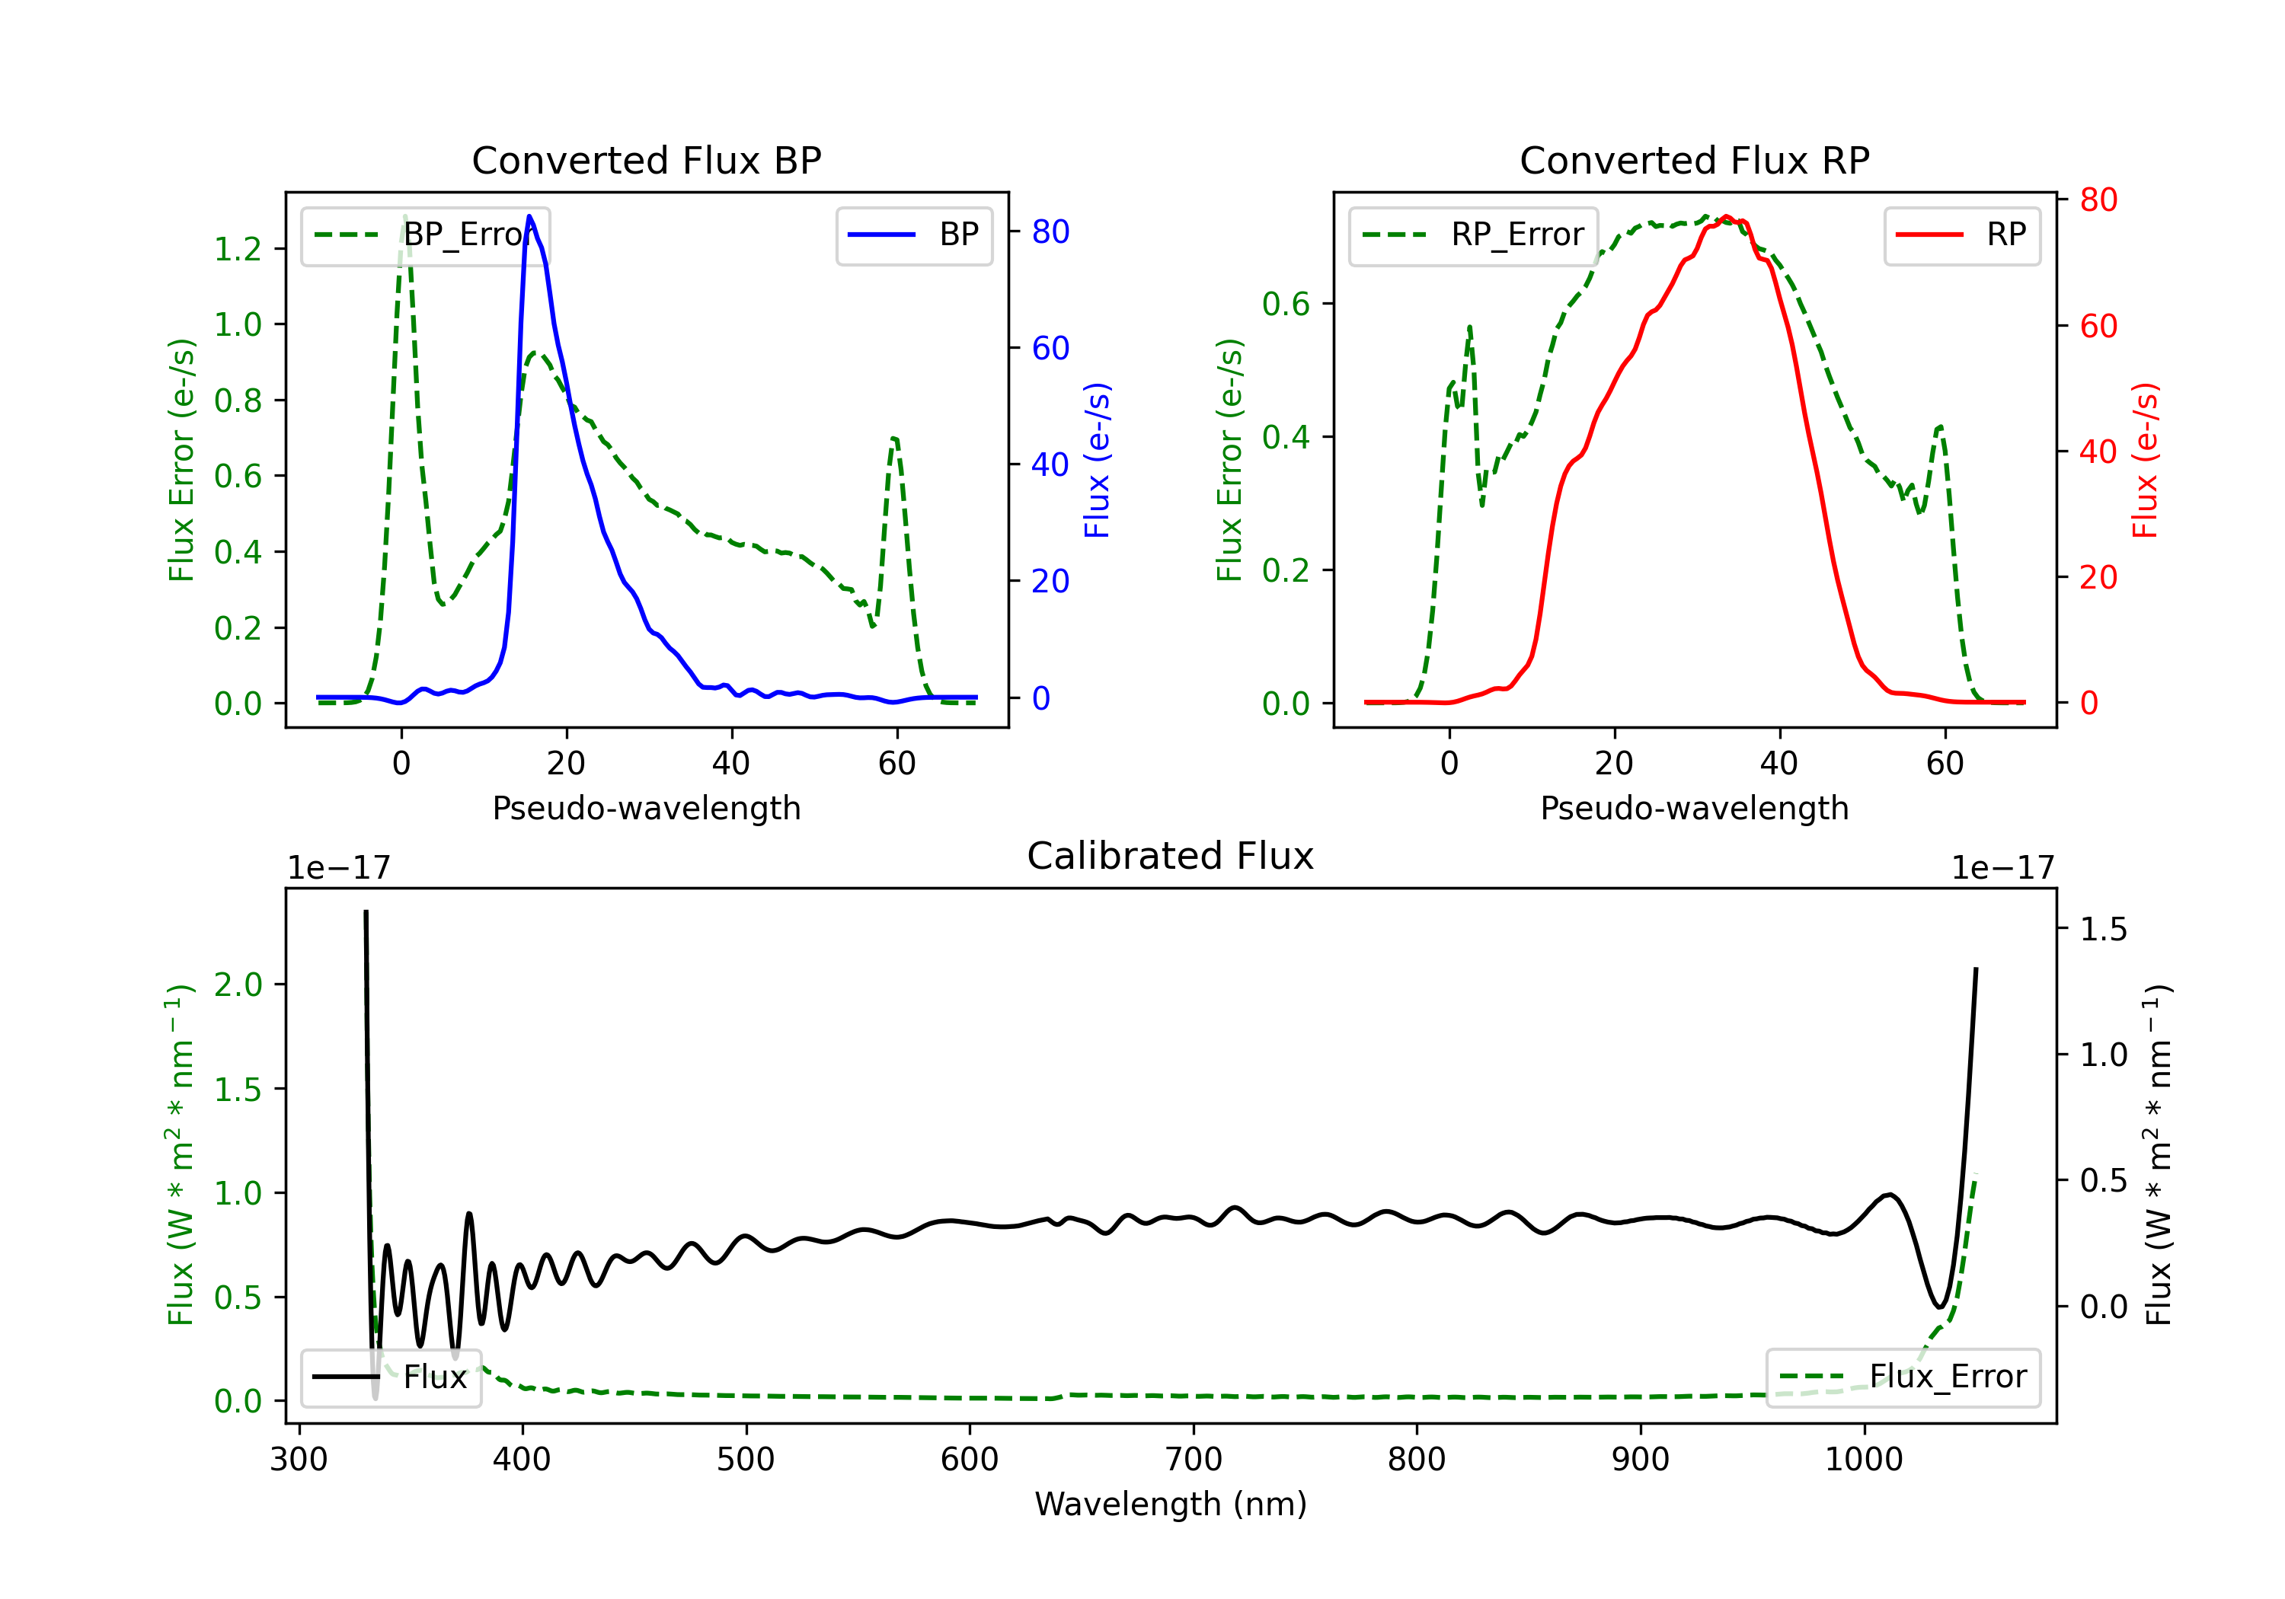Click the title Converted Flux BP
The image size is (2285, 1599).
click(x=646, y=160)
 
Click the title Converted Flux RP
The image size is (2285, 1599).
click(x=1694, y=160)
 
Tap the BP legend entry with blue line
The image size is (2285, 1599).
click(x=915, y=235)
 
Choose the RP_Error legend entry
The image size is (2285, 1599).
click(x=1473, y=235)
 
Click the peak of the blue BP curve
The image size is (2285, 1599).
click(x=529, y=216)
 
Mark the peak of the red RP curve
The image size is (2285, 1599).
click(x=1726, y=217)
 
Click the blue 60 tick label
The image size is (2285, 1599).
click(x=1050, y=348)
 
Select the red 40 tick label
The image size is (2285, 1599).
click(x=2098, y=452)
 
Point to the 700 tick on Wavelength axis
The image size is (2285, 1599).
click(x=1194, y=1460)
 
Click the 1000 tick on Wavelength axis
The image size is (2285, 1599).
click(x=1863, y=1460)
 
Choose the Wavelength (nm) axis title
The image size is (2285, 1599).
click(x=1171, y=1504)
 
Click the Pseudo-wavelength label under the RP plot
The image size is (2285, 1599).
click(x=1694, y=808)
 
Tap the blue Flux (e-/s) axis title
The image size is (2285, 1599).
click(x=1097, y=461)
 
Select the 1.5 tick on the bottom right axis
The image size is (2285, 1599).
click(x=2103, y=930)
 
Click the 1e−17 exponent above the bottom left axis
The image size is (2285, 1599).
click(x=338, y=868)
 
